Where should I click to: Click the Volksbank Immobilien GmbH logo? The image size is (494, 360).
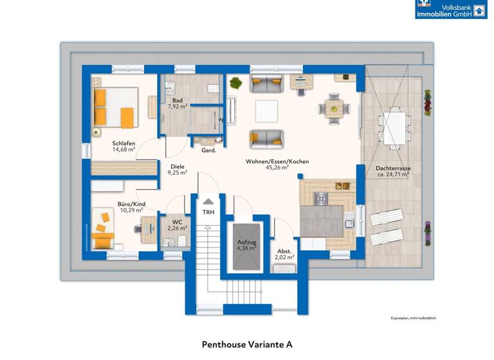point(451,9)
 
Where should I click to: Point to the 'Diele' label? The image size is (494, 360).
point(178,166)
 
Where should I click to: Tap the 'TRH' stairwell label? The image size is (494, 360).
point(208,212)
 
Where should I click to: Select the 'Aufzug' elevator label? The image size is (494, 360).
point(246,242)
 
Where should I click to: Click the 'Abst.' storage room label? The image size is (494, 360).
point(284,251)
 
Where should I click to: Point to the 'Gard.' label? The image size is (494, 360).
point(208,150)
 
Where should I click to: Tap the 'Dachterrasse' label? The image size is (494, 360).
point(393,168)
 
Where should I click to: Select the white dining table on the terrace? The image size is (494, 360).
point(394,122)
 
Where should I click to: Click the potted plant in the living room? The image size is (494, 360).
point(235,83)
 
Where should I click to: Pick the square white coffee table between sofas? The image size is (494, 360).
point(266,111)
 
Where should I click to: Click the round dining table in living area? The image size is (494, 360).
point(334,107)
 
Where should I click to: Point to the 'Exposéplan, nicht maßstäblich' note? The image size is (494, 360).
point(414,318)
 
